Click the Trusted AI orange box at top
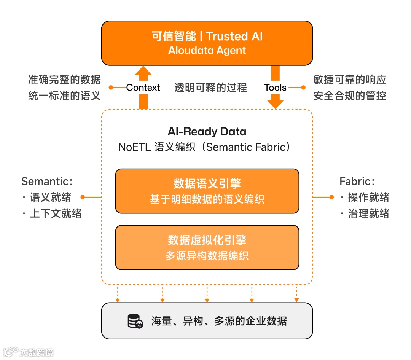[207, 43]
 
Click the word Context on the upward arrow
[143, 88]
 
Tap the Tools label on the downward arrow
[275, 88]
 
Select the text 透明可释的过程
[210, 88]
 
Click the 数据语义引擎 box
[207, 191]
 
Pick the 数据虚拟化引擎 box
[207, 247]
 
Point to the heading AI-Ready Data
[207, 132]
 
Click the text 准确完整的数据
[64, 80]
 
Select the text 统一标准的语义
[64, 95]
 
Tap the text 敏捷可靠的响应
[350, 80]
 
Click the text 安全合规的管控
[350, 95]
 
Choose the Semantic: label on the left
[47, 182]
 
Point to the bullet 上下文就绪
[56, 213]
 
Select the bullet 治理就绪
[368, 213]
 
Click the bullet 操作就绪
[368, 197]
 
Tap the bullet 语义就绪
[50, 197]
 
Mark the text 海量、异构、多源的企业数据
[219, 321]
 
